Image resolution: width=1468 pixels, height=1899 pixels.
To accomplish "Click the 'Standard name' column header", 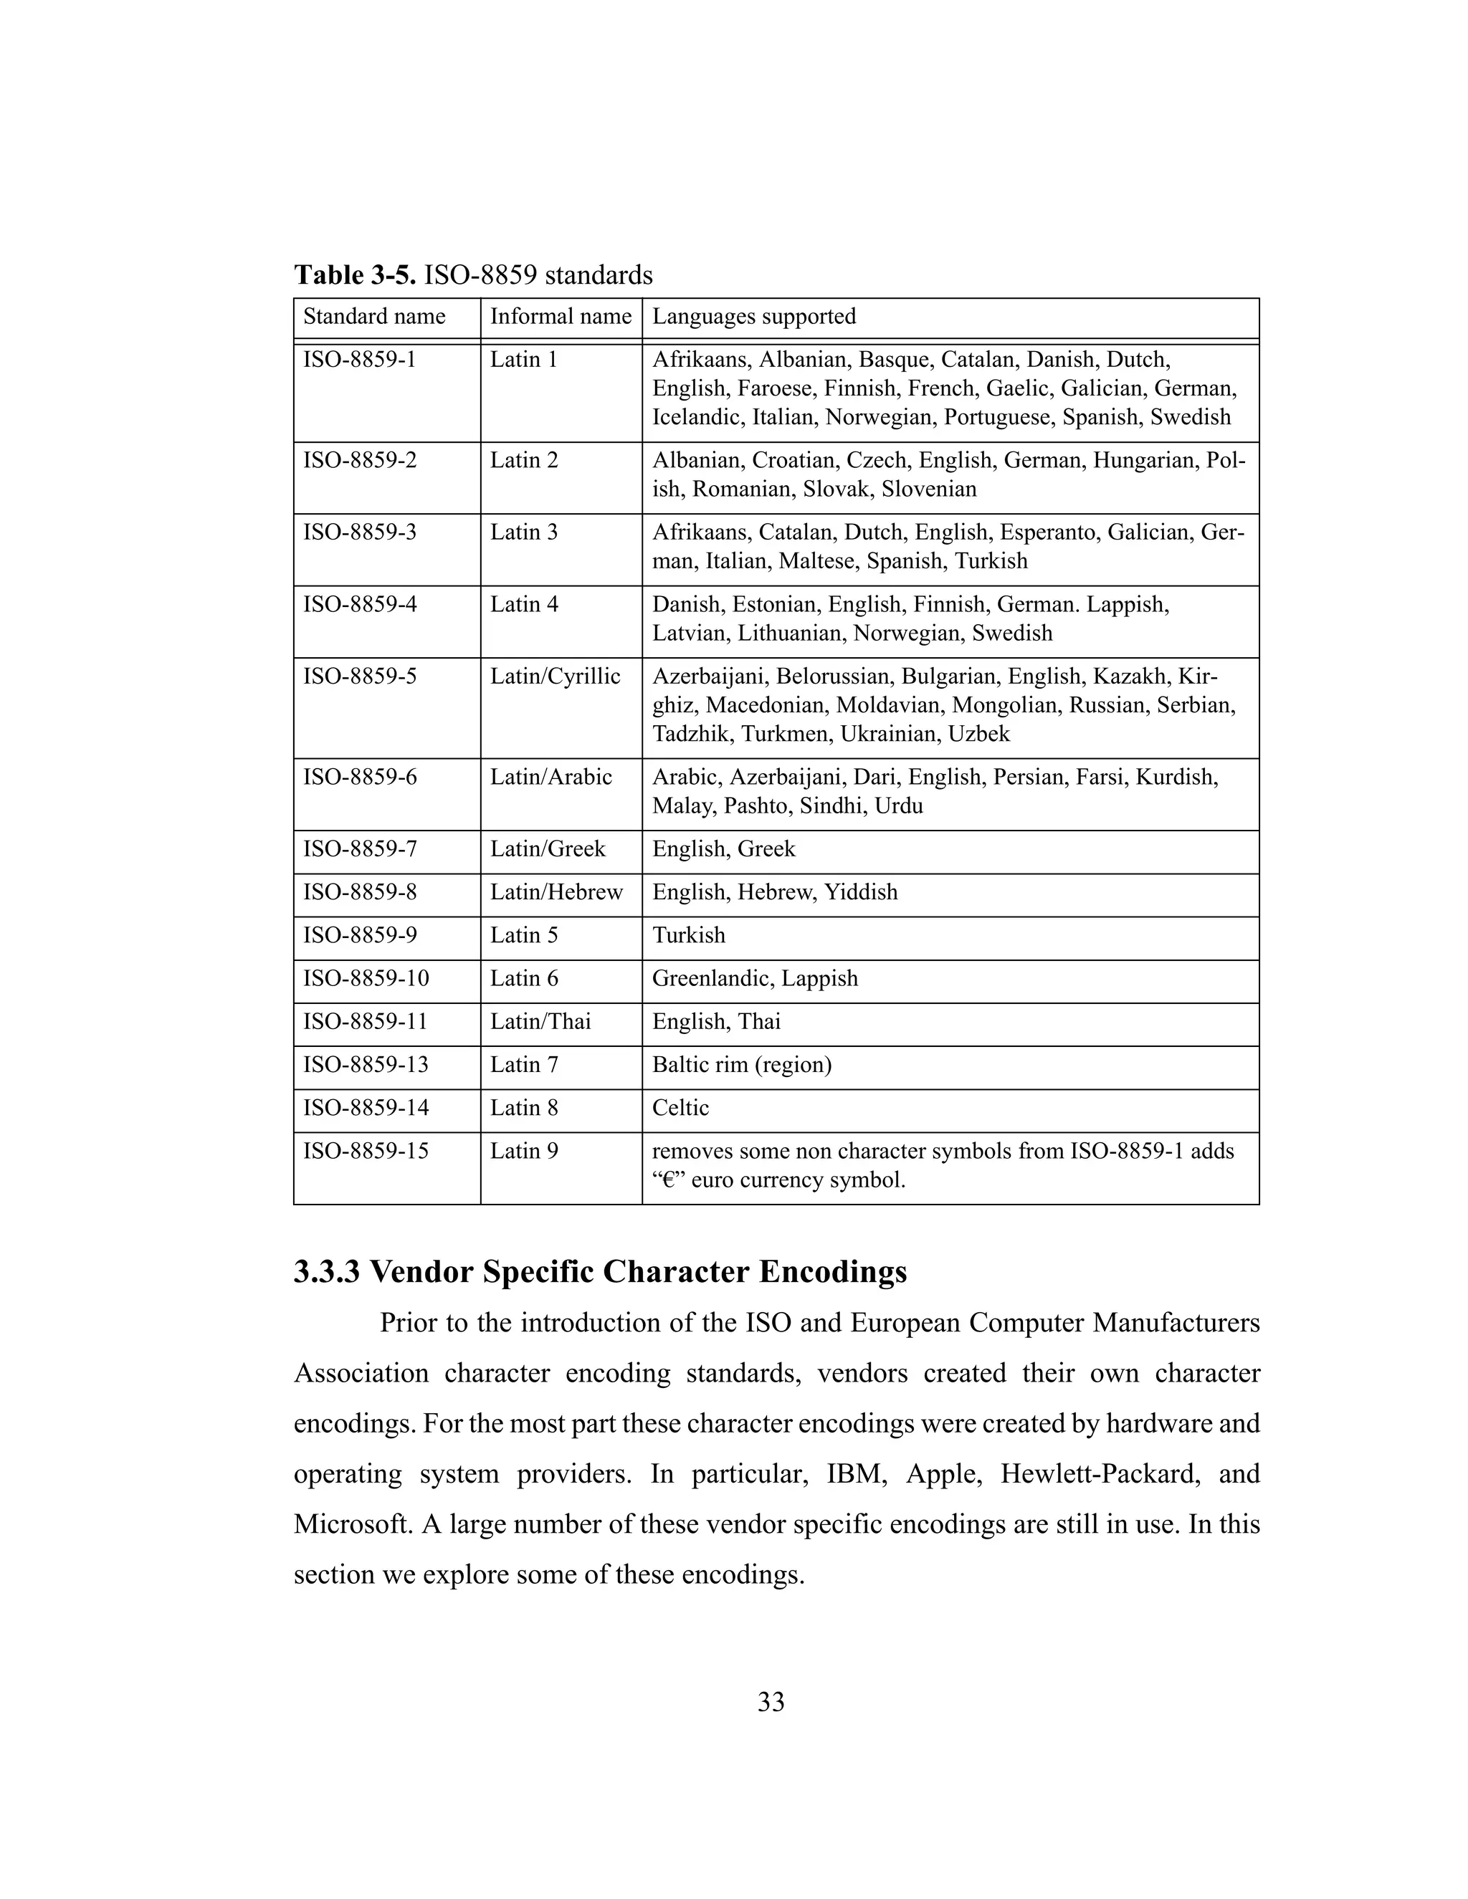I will pos(374,317).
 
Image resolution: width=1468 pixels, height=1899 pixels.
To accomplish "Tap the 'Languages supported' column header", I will pos(754,317).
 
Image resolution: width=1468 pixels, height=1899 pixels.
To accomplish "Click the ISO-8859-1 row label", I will pos(359,360).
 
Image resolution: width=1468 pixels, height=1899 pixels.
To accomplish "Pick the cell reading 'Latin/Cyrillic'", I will pos(555,676).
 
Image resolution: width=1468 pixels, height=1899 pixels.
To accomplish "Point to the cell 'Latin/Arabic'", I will pos(550,778).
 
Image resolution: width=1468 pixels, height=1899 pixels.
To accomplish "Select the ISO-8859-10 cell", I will pos(366,979).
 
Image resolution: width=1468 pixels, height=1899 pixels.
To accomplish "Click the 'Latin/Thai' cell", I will pos(540,1022).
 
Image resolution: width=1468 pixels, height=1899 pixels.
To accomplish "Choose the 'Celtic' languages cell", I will pos(680,1109).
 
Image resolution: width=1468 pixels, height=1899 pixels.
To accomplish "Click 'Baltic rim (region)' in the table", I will pos(742,1065).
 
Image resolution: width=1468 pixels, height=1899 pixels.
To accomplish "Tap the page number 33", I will pos(771,1703).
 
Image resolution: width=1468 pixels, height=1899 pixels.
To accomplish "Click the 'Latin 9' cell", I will pos(523,1152).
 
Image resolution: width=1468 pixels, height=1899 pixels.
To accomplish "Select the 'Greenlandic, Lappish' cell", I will pos(755,979).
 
